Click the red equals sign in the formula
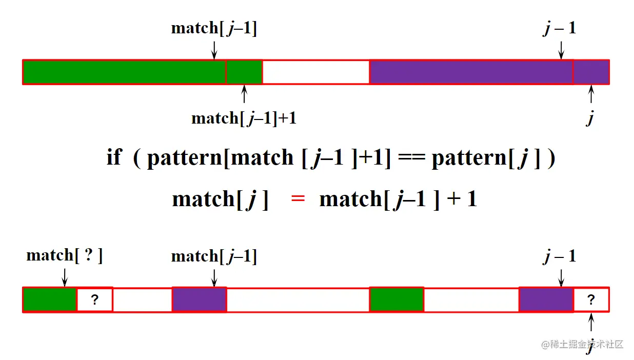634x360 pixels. coord(298,199)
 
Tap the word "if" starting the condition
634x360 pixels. coord(113,157)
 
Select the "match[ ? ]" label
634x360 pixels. coord(65,255)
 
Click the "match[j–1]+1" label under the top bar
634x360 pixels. coord(244,118)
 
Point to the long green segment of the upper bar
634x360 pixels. coord(124,72)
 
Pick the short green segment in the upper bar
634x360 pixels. coord(244,72)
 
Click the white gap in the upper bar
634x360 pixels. coord(315,72)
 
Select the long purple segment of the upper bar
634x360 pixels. coord(471,72)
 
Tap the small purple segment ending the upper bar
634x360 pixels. coord(591,72)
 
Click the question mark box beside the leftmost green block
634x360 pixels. coord(94,300)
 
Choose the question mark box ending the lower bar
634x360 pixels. coord(591,300)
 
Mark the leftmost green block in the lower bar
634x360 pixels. coord(50,300)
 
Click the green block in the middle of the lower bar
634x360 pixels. coord(397,300)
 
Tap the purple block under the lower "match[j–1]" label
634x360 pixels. coord(199,300)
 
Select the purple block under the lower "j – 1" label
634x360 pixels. coord(546,300)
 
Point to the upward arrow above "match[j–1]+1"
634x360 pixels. coord(244,95)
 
